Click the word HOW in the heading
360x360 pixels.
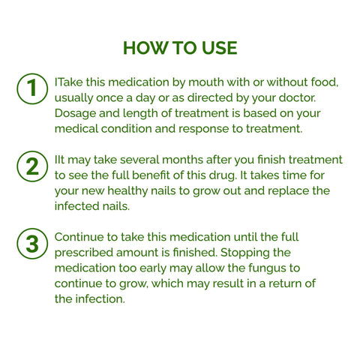point(142,49)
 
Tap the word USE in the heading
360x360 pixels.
point(217,49)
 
